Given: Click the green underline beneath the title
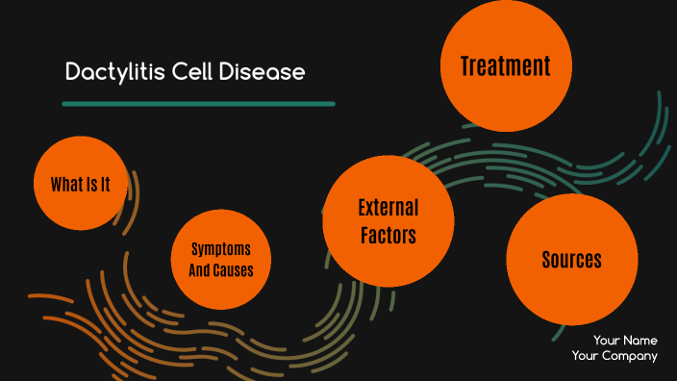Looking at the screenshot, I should [198, 103].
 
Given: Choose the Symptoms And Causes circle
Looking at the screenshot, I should [221, 260].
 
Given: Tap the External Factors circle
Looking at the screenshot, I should [388, 221].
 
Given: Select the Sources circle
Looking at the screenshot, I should [571, 260].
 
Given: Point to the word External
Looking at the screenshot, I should [388, 208].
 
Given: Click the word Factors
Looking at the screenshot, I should [388, 234].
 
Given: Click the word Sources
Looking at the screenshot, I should [571, 260].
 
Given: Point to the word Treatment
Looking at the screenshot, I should [505, 66].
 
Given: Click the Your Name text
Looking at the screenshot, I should [625, 340].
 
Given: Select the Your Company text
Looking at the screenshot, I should [614, 356].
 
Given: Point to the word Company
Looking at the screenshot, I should [630, 356].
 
